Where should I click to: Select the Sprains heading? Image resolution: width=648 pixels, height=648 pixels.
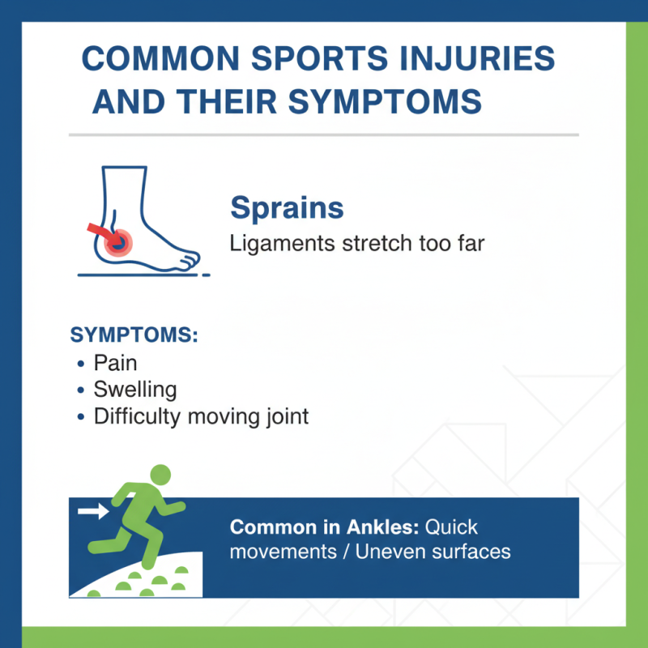[x=287, y=208]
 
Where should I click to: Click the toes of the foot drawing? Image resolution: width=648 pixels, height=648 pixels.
[x=190, y=259]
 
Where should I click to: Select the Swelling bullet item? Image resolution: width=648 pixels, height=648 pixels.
[x=134, y=389]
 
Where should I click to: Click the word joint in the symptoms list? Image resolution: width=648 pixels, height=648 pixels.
[x=284, y=416]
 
